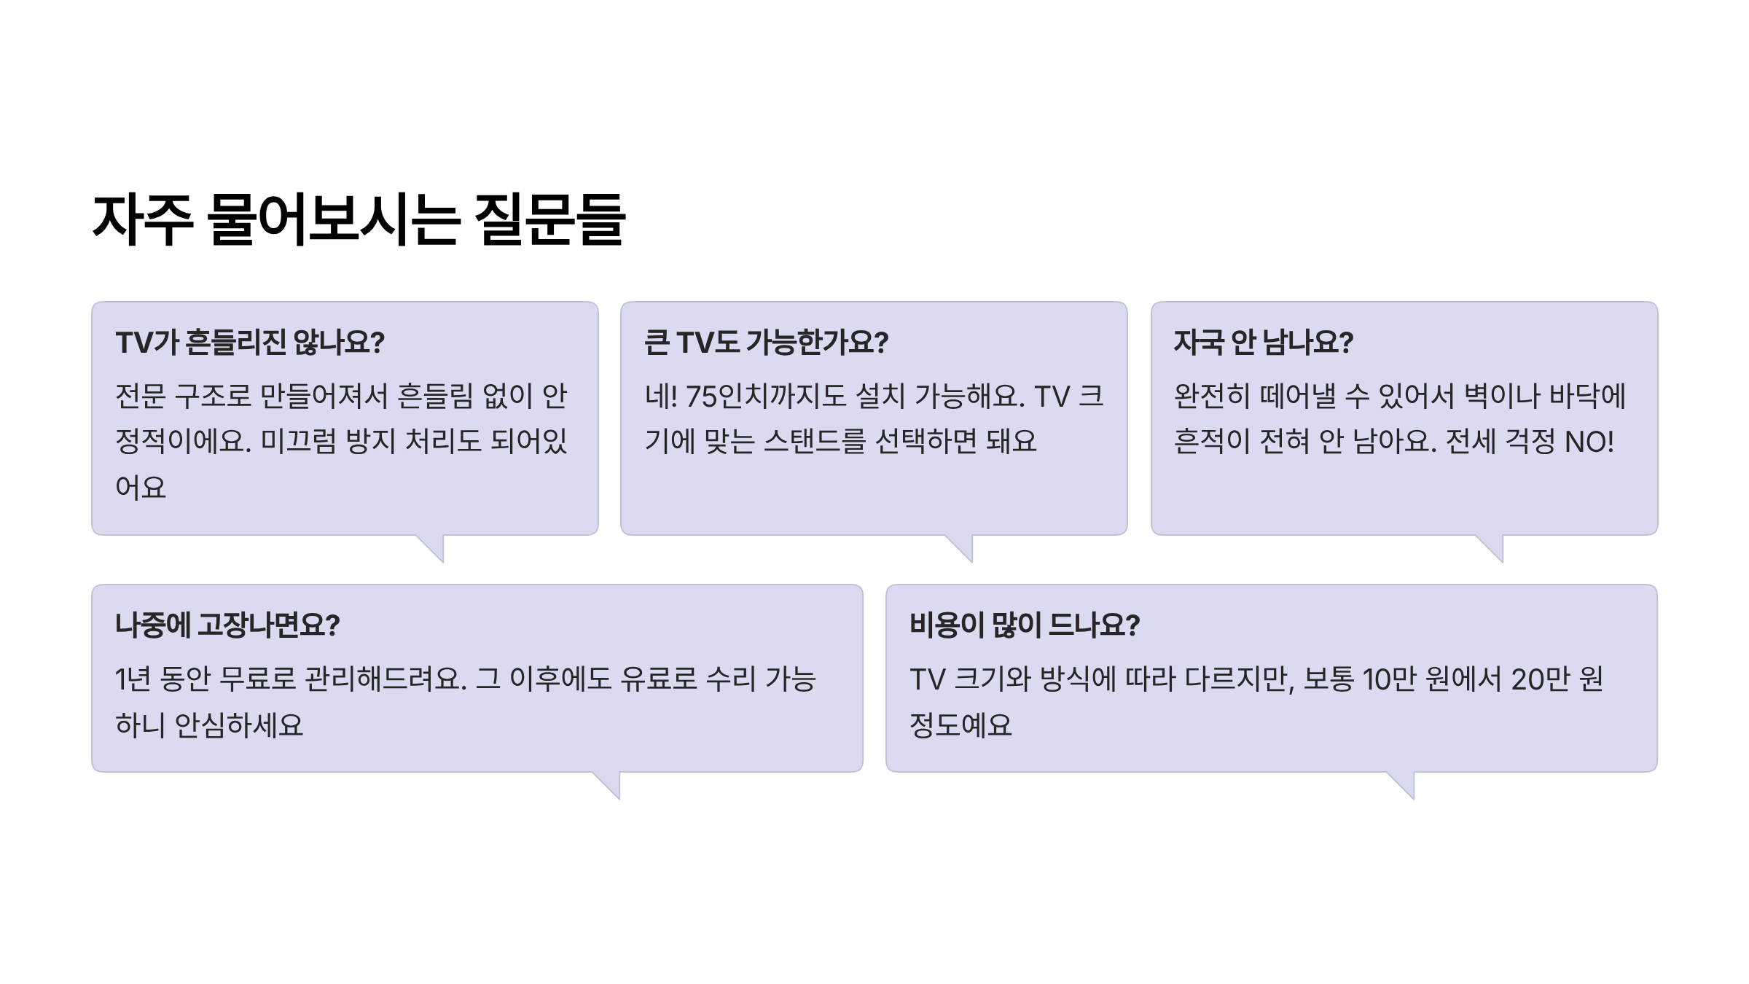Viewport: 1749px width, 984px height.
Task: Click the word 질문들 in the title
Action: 550,219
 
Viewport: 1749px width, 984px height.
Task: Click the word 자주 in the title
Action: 143,219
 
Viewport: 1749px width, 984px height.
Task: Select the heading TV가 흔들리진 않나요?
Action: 250,343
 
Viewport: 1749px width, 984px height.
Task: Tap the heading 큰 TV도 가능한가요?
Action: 766,343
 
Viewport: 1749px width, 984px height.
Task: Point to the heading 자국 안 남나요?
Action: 1263,343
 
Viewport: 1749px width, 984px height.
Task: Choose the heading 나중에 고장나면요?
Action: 227,625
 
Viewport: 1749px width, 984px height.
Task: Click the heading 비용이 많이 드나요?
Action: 1024,625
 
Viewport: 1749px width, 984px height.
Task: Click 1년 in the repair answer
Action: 133,679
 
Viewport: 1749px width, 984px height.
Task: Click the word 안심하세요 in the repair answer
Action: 239,725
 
